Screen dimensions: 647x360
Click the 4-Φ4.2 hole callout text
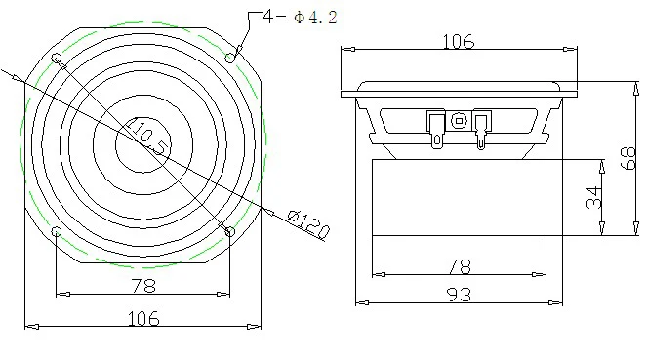point(300,18)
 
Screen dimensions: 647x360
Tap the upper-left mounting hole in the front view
point(57,58)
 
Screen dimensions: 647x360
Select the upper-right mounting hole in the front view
point(230,58)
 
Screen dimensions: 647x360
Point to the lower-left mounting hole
point(57,232)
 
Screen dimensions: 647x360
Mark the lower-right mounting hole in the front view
point(230,232)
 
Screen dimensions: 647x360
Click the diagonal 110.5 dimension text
point(147,136)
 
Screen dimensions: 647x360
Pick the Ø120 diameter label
point(308,224)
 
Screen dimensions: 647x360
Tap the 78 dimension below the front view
point(143,285)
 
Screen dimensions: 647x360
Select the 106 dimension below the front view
point(143,318)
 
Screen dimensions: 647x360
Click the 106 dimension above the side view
point(459,41)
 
